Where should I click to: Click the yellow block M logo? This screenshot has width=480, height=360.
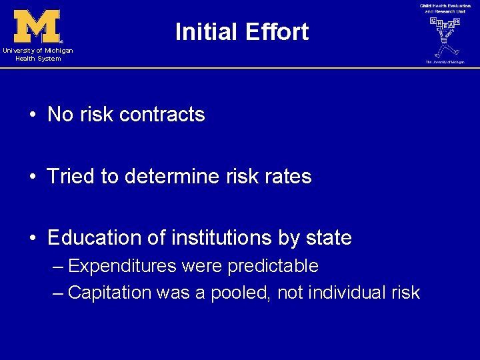(x=37, y=26)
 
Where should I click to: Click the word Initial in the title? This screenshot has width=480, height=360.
(x=205, y=32)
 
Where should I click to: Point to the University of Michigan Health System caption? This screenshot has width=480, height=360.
(x=37, y=55)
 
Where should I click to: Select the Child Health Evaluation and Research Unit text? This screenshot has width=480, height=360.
(x=444, y=9)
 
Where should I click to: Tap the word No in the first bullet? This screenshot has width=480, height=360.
(x=60, y=115)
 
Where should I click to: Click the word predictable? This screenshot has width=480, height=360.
(x=273, y=267)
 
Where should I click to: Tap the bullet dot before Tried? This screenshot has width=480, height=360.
(x=32, y=177)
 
